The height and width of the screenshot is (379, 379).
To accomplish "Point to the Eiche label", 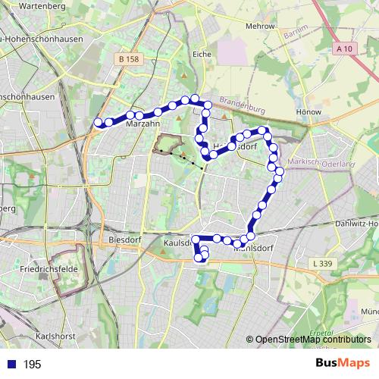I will point(202,55).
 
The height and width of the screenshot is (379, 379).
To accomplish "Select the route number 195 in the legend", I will point(32,365).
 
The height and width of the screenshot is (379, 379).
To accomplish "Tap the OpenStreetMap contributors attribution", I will point(312,340).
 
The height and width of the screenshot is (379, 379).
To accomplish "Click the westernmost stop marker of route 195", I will point(97,122).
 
